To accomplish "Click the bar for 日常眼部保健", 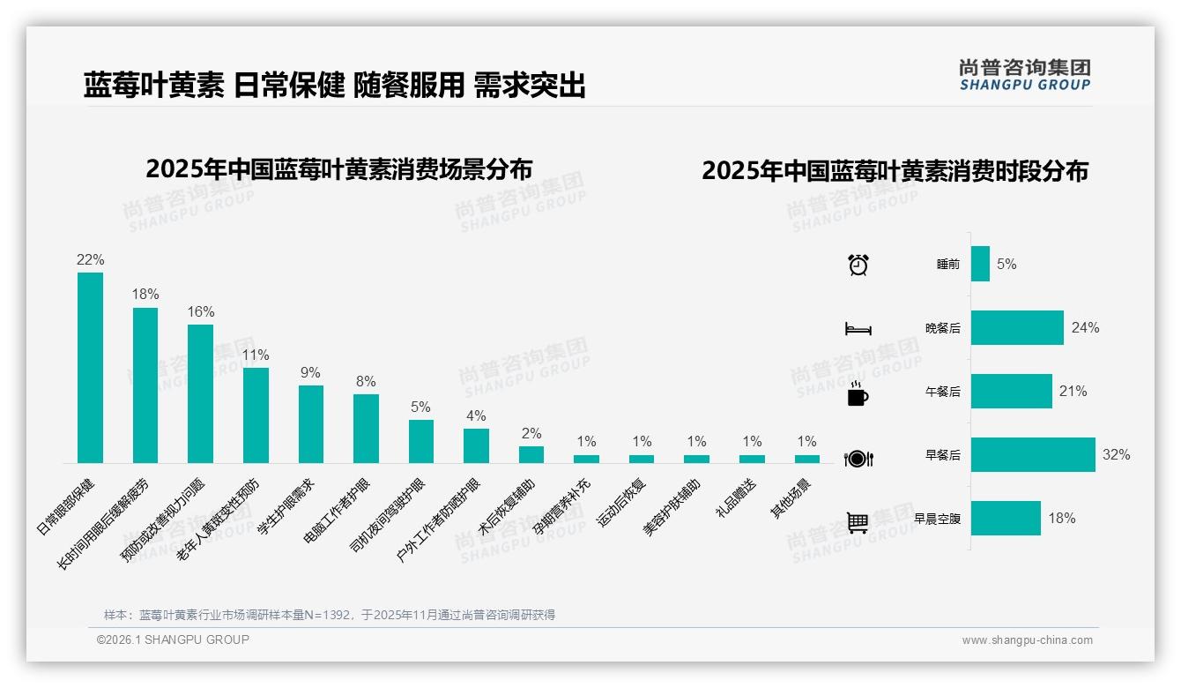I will pos(90,367).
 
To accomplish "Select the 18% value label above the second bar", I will pos(145,294).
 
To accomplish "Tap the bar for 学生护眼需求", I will pos(310,423).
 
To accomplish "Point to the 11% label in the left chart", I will pos(256,355).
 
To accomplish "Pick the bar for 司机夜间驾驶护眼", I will pos(421,441).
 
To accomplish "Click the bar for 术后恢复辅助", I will pos(531,454).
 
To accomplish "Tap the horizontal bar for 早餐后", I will pos(1033,455).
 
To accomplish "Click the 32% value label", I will pos(1116,455).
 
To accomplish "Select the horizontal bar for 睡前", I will pos(980,264).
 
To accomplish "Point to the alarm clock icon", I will pos(858,265).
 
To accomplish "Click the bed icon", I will pos(858,329).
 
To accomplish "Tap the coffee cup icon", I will pos(858,394).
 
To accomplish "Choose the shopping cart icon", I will pos(858,522).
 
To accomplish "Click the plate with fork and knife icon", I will pos(858,459).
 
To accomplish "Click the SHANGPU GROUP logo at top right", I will pos(1024,75).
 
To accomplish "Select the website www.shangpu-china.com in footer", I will pos(1027,640).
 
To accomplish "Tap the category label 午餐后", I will pos(943,392).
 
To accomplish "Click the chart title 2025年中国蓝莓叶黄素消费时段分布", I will pos(895,170).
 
